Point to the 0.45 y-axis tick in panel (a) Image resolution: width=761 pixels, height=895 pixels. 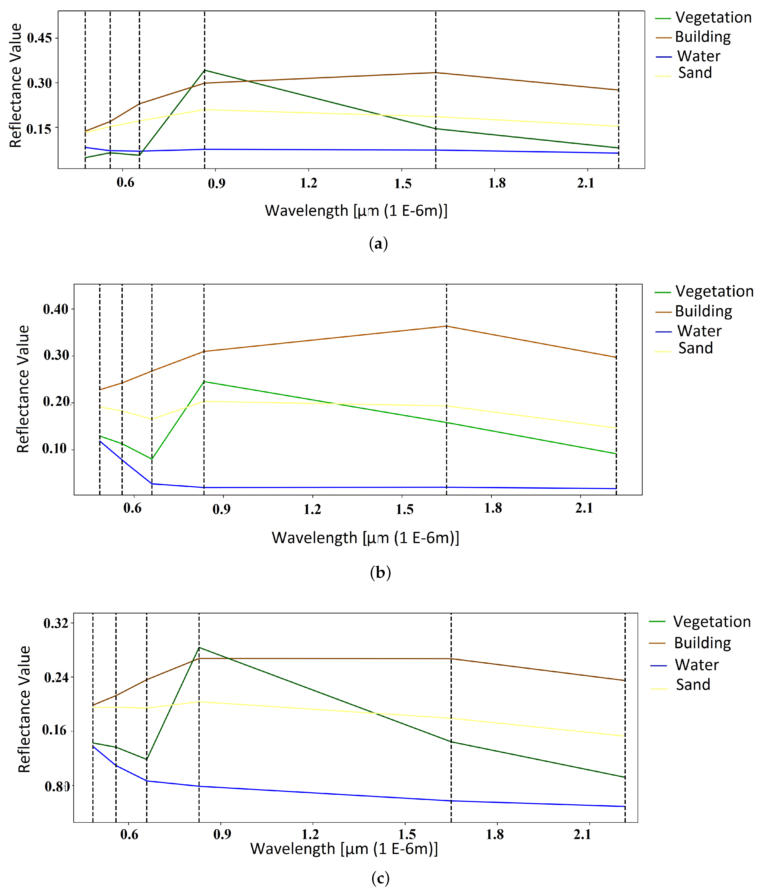(39, 38)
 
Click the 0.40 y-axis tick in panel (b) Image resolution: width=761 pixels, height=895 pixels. (56, 309)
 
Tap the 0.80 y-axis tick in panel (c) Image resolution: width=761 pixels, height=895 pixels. (57, 786)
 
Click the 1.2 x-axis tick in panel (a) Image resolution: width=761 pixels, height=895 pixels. (308, 183)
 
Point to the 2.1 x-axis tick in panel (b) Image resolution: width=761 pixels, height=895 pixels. (584, 508)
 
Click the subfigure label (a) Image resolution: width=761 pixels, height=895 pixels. (378, 244)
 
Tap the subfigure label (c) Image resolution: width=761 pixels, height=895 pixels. (380, 878)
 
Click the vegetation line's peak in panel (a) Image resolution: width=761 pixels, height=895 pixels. (204, 70)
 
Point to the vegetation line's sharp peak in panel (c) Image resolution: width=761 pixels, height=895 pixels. (199, 647)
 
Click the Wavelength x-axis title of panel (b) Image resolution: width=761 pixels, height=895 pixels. (365, 538)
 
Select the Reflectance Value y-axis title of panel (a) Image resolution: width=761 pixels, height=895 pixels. (16, 85)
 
